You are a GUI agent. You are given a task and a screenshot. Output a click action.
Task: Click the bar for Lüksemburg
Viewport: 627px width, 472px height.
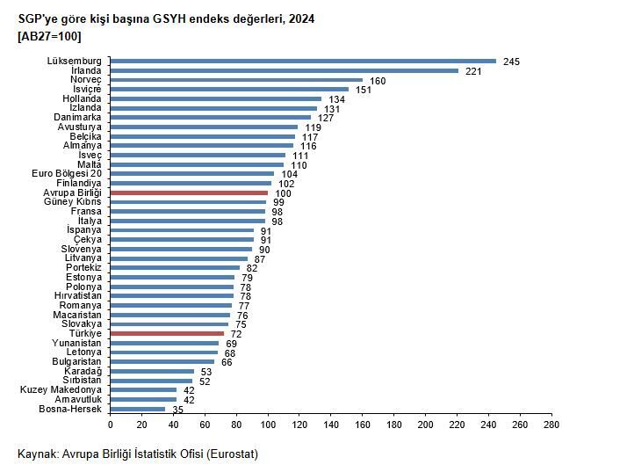pos(303,61)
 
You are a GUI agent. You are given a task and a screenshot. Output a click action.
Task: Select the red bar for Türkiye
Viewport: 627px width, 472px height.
pos(167,334)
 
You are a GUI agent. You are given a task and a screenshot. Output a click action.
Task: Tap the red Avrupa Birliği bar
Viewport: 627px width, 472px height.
pos(189,192)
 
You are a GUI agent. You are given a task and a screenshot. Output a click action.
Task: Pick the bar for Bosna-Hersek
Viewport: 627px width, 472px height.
pos(138,409)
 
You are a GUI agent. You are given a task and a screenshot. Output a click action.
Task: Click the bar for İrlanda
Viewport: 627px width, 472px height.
pos(285,70)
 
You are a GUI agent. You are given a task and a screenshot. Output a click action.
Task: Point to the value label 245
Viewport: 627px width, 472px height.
pos(512,62)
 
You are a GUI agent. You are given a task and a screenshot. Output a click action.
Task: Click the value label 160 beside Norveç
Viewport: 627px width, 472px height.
pos(378,80)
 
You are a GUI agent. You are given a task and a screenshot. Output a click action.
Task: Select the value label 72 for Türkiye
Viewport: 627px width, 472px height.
pos(236,335)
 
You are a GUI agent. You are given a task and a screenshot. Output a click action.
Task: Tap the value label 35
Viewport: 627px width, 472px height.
pos(177,410)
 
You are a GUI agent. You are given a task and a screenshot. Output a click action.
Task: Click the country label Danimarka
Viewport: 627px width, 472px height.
pos(77,117)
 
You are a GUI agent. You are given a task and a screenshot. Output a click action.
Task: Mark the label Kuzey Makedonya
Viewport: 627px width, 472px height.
pos(61,389)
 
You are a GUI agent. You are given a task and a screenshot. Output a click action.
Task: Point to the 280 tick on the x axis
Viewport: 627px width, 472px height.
pos(551,425)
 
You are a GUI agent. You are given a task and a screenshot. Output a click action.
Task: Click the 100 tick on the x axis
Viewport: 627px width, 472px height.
pos(268,425)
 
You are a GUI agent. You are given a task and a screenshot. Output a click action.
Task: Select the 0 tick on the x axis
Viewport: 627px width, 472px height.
pos(111,425)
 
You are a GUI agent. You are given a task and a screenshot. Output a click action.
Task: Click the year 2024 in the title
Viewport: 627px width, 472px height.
pos(299,19)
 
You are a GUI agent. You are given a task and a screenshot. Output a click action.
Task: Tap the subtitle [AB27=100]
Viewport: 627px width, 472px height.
pos(49,36)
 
